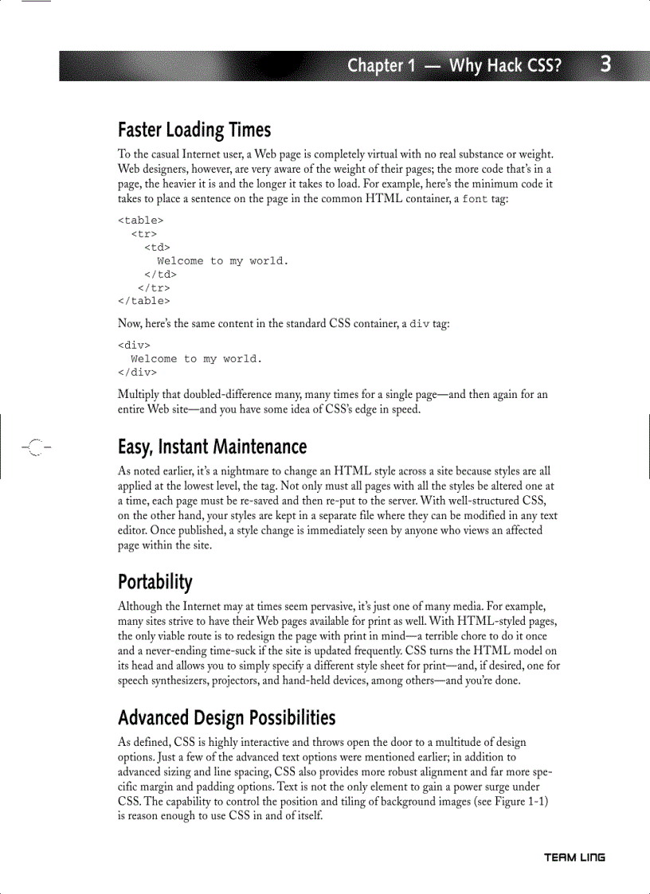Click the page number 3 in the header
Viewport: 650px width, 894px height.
click(605, 64)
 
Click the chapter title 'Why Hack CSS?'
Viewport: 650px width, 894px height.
click(505, 66)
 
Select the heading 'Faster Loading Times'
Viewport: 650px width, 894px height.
click(194, 130)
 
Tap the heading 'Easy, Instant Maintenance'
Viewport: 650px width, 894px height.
click(212, 447)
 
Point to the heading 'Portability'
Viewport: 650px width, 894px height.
click(155, 582)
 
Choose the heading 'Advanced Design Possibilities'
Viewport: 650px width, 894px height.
click(226, 718)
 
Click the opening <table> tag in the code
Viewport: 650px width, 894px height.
click(140, 221)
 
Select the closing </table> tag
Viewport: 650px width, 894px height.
click(143, 301)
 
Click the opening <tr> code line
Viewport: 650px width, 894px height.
click(143, 234)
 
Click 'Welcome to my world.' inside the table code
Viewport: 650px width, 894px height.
click(223, 261)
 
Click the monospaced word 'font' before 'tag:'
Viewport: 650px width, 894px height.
click(476, 199)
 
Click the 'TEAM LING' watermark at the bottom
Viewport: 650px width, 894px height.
click(574, 857)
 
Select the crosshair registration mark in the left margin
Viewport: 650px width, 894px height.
click(33, 447)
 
